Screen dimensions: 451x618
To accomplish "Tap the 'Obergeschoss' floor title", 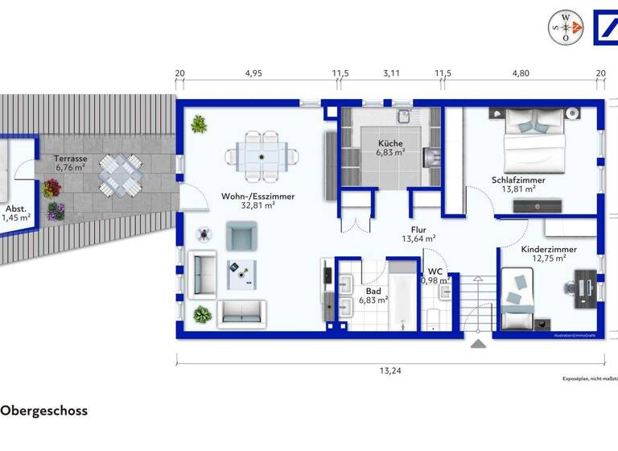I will click(x=44, y=411).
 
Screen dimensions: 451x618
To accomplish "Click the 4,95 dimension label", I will click(x=254, y=73).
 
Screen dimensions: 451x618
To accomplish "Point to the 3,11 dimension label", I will click(x=391, y=73).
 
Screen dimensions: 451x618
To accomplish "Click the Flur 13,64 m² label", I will click(x=418, y=234).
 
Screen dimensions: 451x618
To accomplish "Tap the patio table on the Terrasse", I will click(x=117, y=176).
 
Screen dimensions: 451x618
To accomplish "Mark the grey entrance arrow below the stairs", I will click(x=479, y=345).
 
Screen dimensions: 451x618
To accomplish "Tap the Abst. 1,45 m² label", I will click(x=18, y=212).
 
